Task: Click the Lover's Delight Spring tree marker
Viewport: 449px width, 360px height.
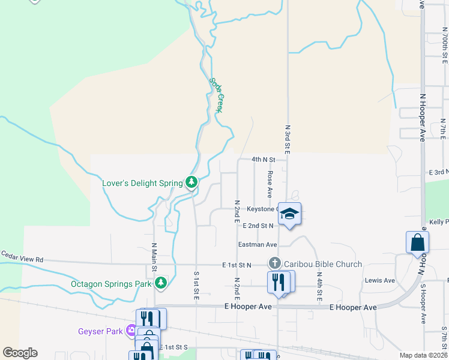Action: [x=191, y=182]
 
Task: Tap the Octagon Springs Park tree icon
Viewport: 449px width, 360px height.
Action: [x=160, y=283]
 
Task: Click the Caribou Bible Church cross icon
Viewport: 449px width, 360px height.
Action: [x=274, y=263]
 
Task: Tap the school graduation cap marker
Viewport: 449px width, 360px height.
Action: [x=289, y=214]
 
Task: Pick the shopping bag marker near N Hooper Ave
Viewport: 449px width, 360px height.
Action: [x=418, y=243]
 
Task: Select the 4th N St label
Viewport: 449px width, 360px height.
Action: [x=263, y=160]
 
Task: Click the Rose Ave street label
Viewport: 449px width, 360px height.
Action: [x=270, y=184]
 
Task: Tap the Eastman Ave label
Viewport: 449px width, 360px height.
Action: [x=257, y=244]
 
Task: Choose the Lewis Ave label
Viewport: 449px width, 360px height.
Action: [x=379, y=280]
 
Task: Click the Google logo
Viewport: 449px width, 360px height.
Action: [x=20, y=353]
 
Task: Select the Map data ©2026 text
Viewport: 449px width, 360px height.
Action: [x=423, y=356]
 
